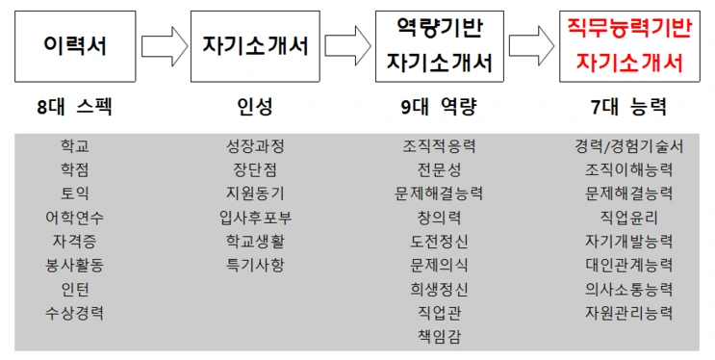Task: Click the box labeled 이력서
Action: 74,45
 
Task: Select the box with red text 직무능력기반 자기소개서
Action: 628,45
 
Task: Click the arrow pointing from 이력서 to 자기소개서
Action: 164,45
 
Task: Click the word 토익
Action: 75,193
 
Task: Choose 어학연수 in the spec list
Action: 75,217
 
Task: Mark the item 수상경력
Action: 75,312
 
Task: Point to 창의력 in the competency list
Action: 439,217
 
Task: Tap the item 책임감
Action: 439,336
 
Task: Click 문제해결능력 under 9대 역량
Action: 439,193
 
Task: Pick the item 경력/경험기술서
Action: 628,146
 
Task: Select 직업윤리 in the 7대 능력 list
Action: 628,217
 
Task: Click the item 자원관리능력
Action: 628,312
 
